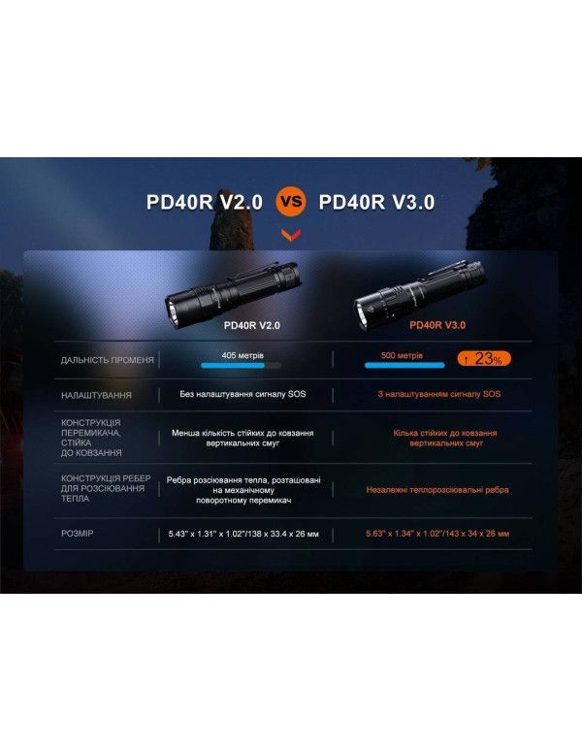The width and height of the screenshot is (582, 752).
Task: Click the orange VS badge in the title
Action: (x=291, y=203)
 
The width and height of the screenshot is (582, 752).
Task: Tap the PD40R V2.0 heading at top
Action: (x=205, y=203)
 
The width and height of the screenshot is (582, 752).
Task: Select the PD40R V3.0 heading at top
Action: (x=376, y=203)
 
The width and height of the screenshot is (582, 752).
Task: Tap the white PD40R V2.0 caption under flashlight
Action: (x=251, y=326)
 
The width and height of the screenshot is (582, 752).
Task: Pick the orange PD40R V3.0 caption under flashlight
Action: (x=437, y=326)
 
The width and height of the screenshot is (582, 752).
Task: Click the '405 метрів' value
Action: (x=242, y=356)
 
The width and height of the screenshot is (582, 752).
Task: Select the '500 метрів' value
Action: (x=403, y=356)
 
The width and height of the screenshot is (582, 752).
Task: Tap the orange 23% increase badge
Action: (x=484, y=359)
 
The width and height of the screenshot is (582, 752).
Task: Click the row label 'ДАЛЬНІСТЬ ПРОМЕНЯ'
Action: (x=107, y=360)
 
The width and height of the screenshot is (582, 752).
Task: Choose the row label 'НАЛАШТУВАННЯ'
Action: (x=110, y=395)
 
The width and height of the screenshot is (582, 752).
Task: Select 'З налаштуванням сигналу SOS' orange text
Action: (x=439, y=395)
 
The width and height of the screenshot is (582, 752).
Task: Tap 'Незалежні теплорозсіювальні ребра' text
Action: (x=437, y=490)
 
